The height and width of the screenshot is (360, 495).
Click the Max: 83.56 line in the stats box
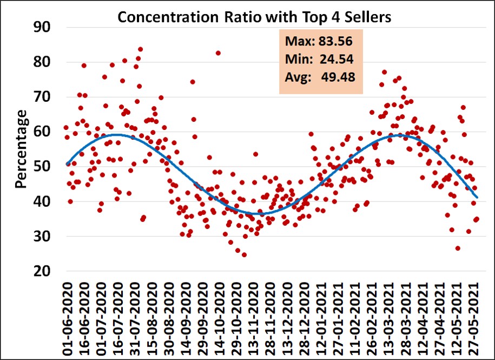coord(319,41)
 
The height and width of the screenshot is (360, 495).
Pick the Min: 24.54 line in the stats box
coord(319,58)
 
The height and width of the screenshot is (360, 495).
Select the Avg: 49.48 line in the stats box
coord(319,77)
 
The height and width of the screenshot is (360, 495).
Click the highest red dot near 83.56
coord(140,49)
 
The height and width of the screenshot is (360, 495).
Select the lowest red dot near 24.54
coord(244,254)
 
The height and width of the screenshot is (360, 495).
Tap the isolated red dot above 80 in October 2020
coord(218,53)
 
